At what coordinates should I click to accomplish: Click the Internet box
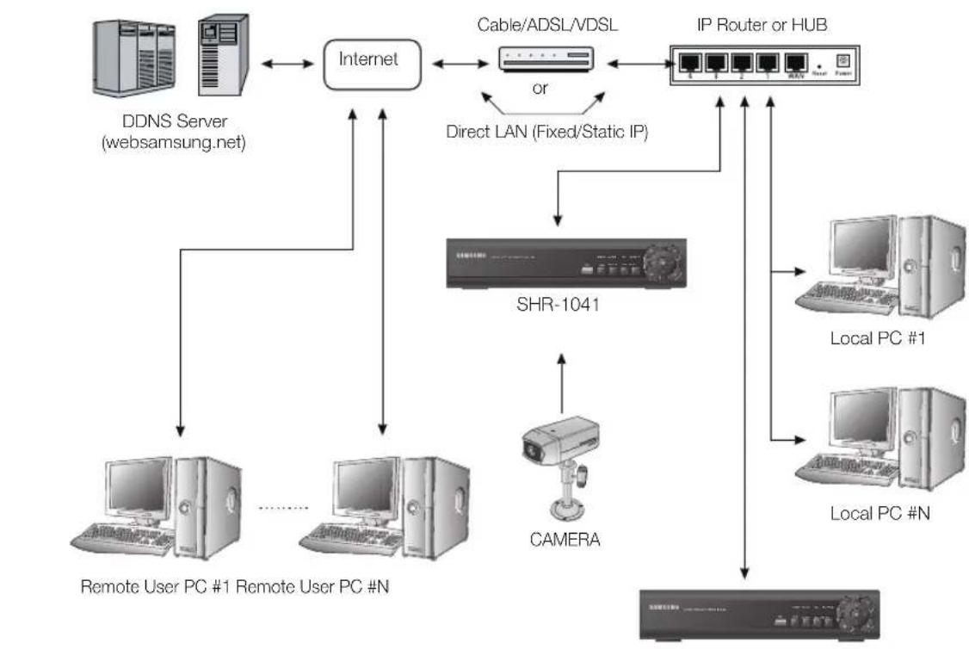pos(369,61)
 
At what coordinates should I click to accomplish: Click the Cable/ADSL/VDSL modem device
pos(546,59)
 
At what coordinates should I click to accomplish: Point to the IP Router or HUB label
pos(762,25)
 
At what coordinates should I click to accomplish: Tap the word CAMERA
pos(565,541)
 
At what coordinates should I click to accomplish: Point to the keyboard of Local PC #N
pos(838,474)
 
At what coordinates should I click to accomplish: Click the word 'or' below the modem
pos(540,88)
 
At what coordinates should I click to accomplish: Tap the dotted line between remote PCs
pos(283,508)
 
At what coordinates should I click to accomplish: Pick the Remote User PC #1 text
pos(156,588)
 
